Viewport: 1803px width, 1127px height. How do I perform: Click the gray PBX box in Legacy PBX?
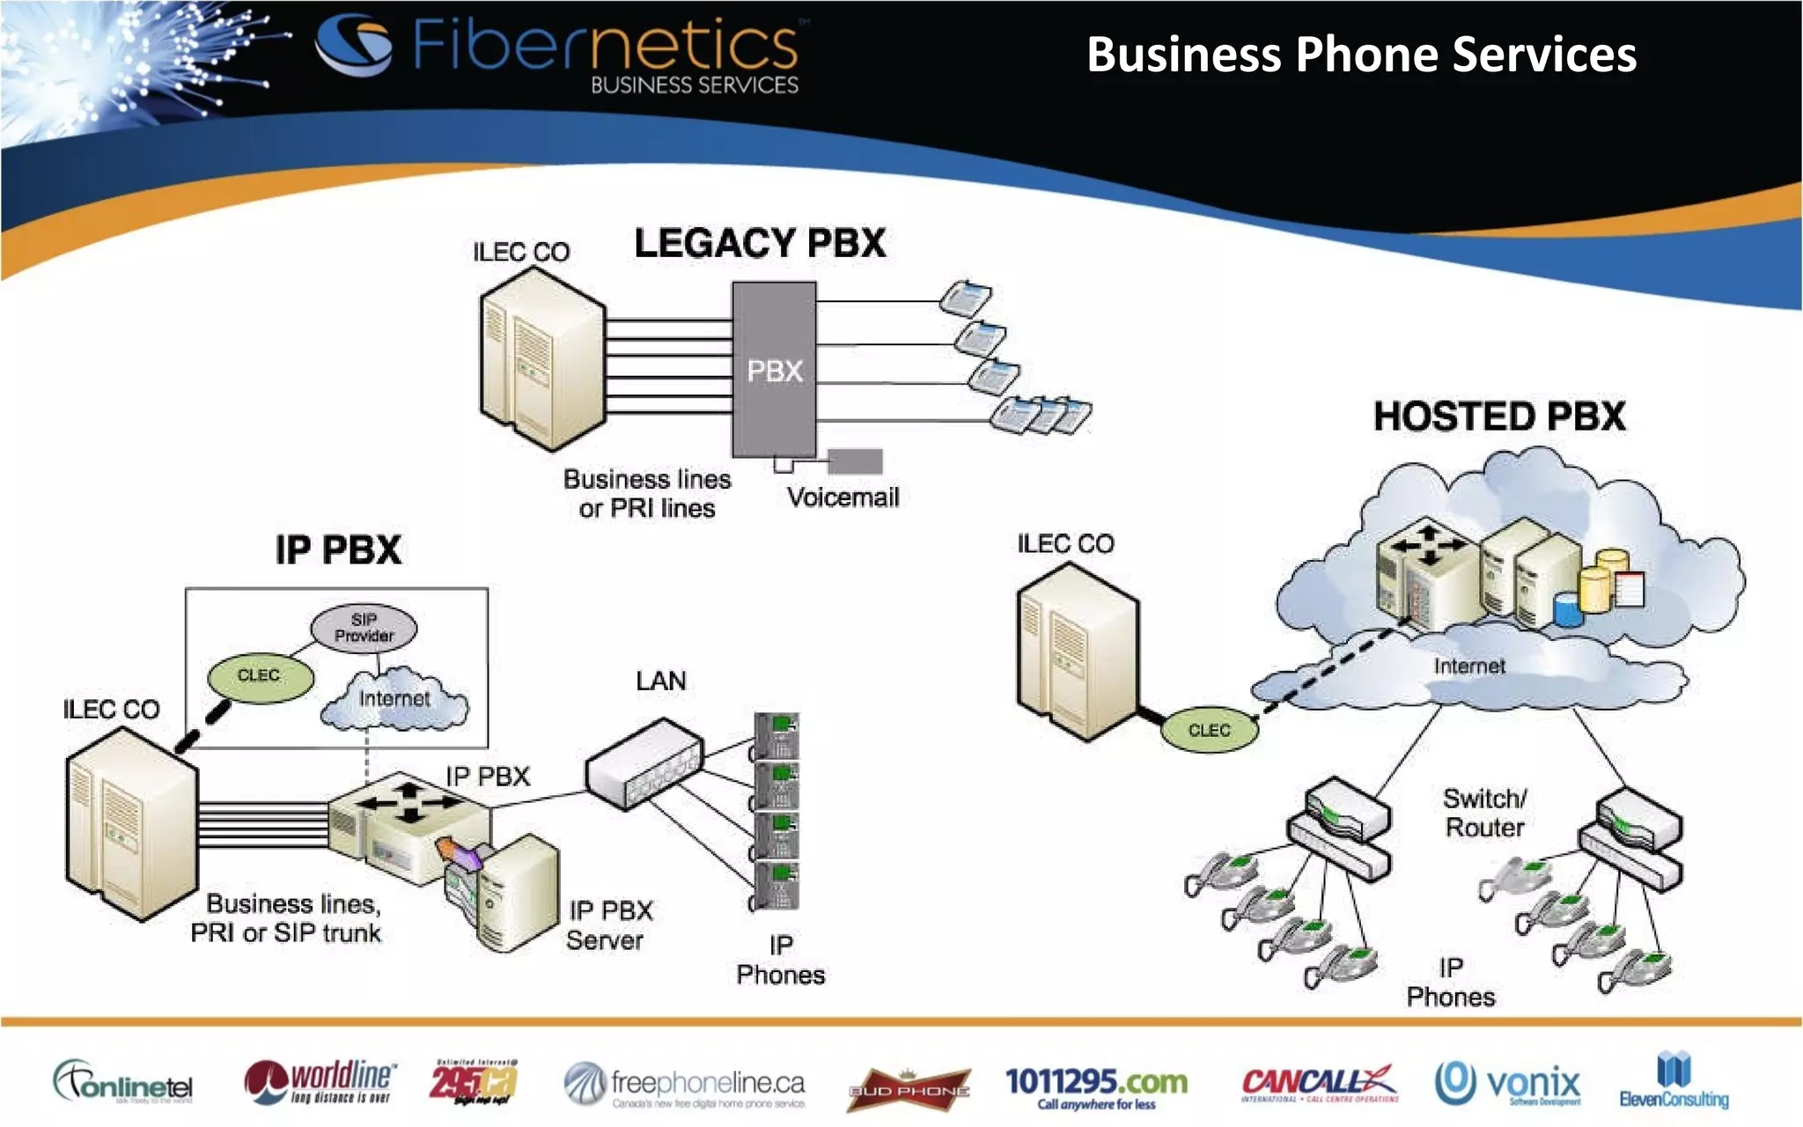pos(774,370)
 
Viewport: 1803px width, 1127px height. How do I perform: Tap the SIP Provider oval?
pos(364,628)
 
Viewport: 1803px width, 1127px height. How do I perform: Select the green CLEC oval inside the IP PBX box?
pos(260,676)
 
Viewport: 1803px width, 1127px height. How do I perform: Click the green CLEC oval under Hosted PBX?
pos(1210,731)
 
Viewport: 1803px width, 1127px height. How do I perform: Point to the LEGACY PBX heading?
pos(760,243)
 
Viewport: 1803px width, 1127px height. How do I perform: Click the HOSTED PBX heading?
pos(1499,416)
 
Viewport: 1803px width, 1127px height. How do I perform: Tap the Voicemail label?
pos(843,497)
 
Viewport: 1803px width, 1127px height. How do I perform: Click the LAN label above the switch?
pos(660,681)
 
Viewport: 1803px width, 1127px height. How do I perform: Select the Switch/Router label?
pos(1484,813)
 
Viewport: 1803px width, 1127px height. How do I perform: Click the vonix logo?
pos(1507,1083)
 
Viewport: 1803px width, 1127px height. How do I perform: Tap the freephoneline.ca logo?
pos(685,1085)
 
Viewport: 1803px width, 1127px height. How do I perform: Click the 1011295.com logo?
pos(1096,1086)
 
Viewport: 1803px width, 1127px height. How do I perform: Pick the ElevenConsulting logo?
pos(1674,1081)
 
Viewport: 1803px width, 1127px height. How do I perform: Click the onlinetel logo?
pos(123,1083)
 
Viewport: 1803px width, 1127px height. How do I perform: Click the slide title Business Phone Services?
pos(1361,55)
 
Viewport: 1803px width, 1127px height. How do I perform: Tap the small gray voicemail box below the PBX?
pos(855,461)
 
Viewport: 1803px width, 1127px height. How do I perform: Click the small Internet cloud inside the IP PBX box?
pos(394,701)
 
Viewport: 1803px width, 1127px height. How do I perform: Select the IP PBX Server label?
pos(609,924)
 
